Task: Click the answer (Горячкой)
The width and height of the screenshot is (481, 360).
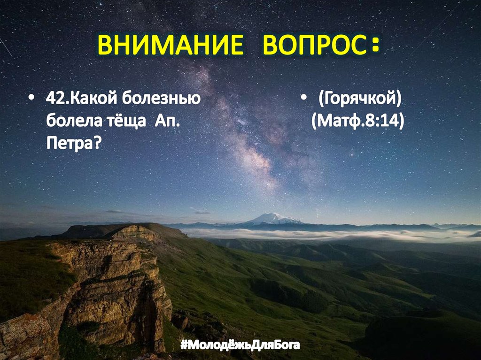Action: pyautogui.click(x=359, y=100)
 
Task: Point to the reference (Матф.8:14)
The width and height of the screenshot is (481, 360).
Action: pyautogui.click(x=357, y=121)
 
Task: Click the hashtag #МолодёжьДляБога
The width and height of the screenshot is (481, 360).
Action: pyautogui.click(x=240, y=346)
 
